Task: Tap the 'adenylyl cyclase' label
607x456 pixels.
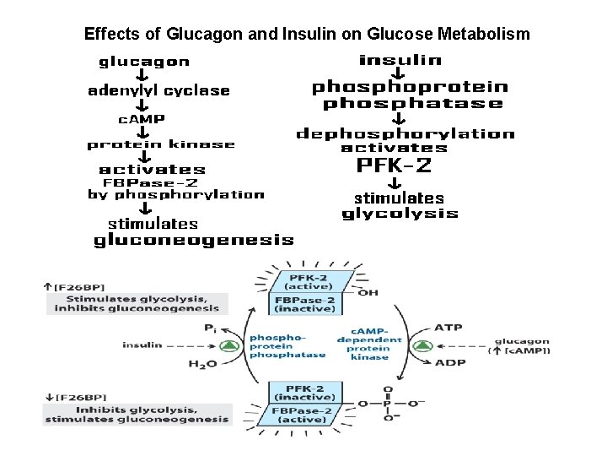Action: point(158,91)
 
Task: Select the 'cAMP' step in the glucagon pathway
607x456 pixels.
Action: point(142,119)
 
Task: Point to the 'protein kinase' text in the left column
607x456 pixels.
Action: point(161,145)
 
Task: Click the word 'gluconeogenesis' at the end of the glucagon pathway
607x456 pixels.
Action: point(193,241)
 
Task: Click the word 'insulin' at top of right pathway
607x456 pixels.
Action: point(400,60)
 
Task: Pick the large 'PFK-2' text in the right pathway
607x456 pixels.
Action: point(394,166)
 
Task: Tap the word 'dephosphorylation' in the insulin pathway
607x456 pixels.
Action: point(405,133)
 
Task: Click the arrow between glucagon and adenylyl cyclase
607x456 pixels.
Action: point(143,76)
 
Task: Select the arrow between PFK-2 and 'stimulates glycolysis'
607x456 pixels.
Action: point(394,183)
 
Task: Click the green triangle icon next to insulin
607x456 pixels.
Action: point(228,345)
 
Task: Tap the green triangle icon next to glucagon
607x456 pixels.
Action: point(423,345)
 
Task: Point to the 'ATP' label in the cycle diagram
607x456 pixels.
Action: point(448,328)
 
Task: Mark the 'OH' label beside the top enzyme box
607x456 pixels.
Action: point(368,292)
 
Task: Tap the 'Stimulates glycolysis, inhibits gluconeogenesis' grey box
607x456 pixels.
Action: point(137,303)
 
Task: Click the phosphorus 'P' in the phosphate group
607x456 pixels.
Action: point(387,404)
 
